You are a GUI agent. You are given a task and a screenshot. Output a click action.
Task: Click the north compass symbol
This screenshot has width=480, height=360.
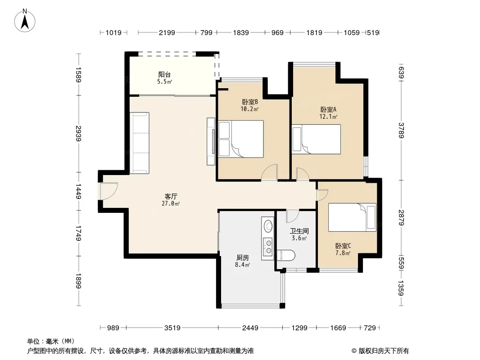pyautogui.click(x=25, y=21)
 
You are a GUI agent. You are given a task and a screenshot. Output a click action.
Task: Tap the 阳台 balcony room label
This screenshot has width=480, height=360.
pyautogui.click(x=164, y=74)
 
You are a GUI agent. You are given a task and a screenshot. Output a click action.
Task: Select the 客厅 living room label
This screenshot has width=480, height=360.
pyautogui.click(x=171, y=196)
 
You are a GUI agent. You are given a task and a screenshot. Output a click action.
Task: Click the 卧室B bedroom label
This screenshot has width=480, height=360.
pyautogui.click(x=250, y=102)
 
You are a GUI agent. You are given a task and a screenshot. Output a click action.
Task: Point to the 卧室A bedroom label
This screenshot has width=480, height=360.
pyautogui.click(x=328, y=109)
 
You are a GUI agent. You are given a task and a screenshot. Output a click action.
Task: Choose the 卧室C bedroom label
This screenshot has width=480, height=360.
pyautogui.click(x=343, y=246)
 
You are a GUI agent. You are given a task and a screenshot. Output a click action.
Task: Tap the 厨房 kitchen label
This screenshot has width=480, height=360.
pyautogui.click(x=242, y=258)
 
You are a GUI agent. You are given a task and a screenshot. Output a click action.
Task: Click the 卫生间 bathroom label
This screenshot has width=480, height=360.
pyautogui.click(x=299, y=231)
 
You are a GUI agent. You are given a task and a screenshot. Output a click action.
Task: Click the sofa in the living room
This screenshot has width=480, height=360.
pyautogui.click(x=140, y=143)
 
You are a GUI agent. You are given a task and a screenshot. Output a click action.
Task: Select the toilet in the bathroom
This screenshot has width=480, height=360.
pyautogui.click(x=286, y=256)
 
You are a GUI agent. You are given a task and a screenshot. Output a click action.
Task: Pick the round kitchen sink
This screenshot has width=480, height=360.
pyautogui.click(x=268, y=226)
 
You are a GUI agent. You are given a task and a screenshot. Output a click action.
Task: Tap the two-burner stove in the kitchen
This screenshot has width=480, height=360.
pyautogui.click(x=268, y=247)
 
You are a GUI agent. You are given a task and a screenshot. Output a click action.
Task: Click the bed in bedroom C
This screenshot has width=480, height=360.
pyautogui.click(x=352, y=217)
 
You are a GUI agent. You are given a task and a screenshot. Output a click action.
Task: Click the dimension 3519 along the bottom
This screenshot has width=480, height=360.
pyautogui.click(x=172, y=328)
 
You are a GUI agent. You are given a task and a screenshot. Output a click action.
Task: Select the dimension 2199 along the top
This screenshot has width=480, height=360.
pyautogui.click(x=167, y=32)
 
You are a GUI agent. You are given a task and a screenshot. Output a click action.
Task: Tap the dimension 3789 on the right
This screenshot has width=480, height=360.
pyautogui.click(x=401, y=130)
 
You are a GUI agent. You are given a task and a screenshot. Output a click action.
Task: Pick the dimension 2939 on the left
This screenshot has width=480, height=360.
pyautogui.click(x=78, y=133)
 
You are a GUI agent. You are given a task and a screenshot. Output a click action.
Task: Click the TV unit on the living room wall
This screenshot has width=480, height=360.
pyautogui.click(x=211, y=142)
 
